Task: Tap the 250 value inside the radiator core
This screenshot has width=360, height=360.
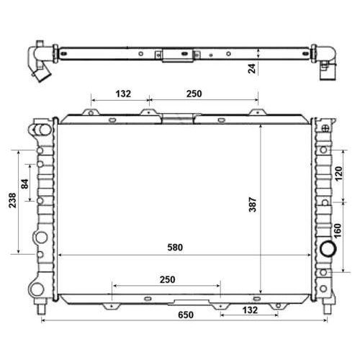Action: pyautogui.click(x=167, y=279)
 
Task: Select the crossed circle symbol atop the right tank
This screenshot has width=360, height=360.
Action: pyautogui.click(x=326, y=129)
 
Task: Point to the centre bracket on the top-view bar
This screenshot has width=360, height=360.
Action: pyautogui.click(x=174, y=54)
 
